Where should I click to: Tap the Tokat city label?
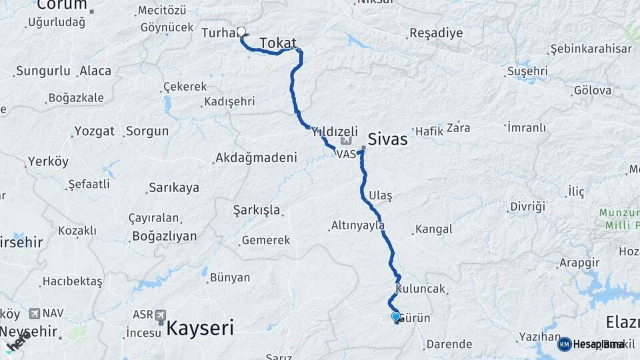[x=278, y=43]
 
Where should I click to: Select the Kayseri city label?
[x=199, y=327]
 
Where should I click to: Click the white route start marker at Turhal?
[x=241, y=31]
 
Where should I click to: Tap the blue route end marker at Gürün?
[x=396, y=317]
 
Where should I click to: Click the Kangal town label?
[x=433, y=229]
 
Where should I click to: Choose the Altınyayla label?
[x=358, y=226]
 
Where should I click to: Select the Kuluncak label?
[x=420, y=289]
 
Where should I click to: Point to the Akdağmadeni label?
[x=255, y=158]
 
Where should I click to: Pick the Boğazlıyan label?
[x=165, y=236]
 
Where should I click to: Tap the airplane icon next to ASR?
[x=160, y=313]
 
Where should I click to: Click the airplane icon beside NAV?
[x=35, y=313]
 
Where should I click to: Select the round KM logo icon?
[x=564, y=344]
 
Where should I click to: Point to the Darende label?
[x=449, y=345]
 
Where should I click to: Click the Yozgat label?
[x=94, y=131]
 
